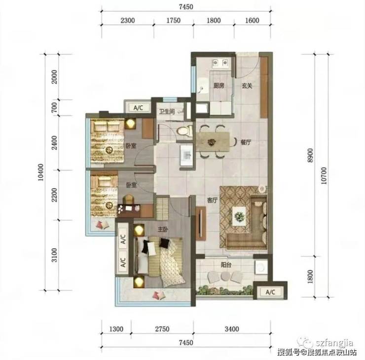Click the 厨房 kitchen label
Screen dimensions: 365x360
coord(219,85)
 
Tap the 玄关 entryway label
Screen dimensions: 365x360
coord(247,86)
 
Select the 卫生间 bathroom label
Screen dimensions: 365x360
coord(167,112)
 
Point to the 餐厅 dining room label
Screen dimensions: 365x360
coord(246,142)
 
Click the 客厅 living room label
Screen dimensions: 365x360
coord(212,200)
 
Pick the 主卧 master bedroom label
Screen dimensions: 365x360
coord(163,230)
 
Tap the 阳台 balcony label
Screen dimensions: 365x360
coord(226,265)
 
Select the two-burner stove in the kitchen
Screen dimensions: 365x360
coord(220,63)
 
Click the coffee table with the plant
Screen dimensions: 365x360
coord(239,216)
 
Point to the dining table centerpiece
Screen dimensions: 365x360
coord(212,142)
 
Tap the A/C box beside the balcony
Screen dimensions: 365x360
coord(270,292)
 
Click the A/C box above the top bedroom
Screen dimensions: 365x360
coord(138,108)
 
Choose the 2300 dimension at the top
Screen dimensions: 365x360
coord(128,21)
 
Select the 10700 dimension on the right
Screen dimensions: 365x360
coord(324,176)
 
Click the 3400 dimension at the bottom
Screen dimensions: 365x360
coord(232,329)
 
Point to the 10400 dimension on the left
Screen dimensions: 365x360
coord(40,172)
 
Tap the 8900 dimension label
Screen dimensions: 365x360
coord(310,156)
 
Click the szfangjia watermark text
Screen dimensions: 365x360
coord(334,343)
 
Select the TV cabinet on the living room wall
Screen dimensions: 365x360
coord(201,223)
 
